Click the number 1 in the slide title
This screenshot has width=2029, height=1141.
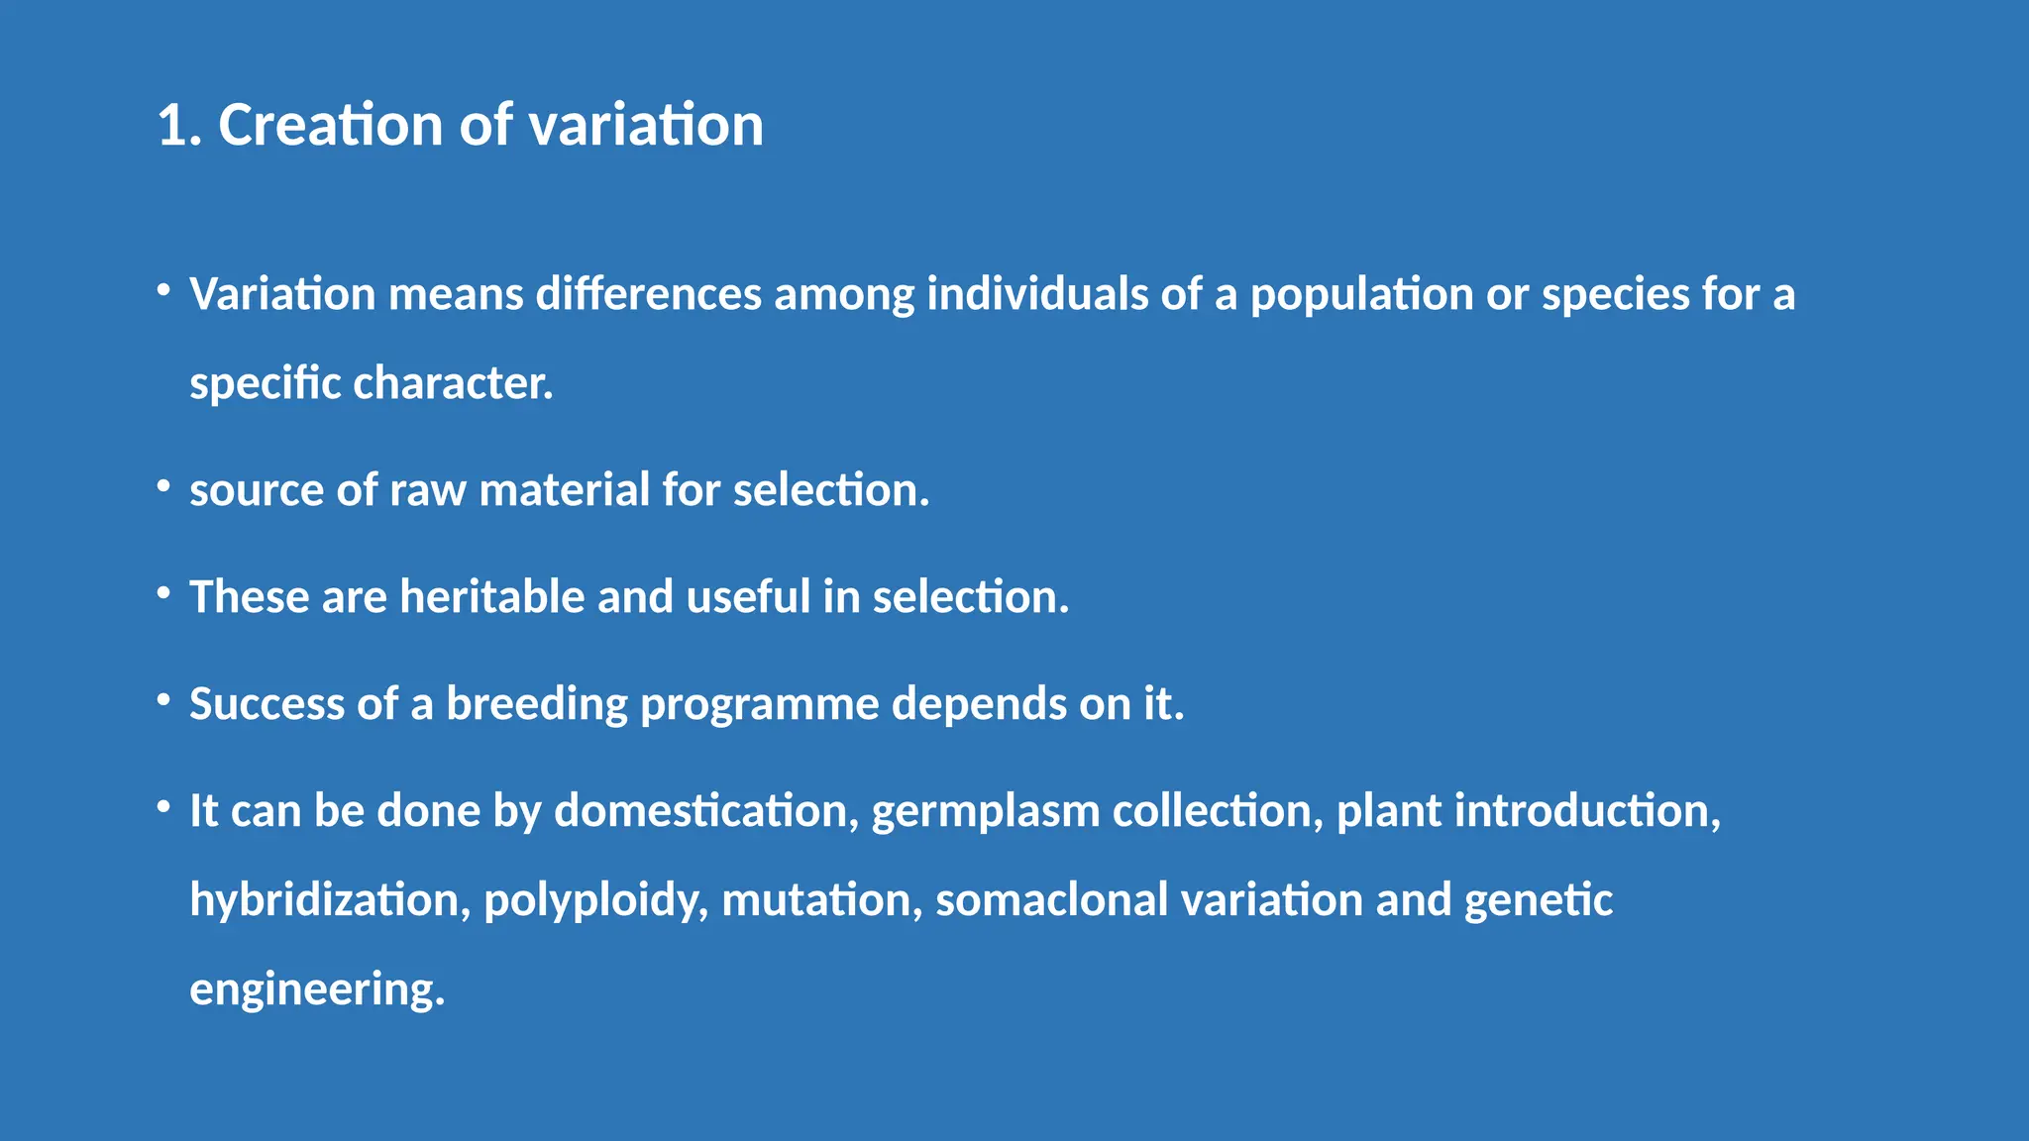[x=171, y=127]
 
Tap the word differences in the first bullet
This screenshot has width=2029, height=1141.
[x=648, y=294]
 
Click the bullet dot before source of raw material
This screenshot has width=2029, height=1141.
[x=163, y=486]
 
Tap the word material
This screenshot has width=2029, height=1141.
[x=564, y=490]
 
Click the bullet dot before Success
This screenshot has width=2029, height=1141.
[x=163, y=700]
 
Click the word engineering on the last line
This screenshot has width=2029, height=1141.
[x=317, y=989]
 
